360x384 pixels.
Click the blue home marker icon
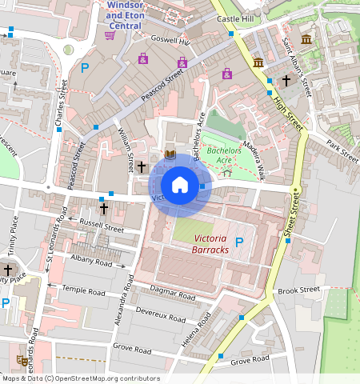180,185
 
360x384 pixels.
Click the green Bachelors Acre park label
223,154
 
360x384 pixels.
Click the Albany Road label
92,262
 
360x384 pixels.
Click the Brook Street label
298,290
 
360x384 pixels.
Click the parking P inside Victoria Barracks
238,242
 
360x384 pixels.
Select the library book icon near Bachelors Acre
169,154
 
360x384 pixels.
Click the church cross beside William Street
142,166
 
